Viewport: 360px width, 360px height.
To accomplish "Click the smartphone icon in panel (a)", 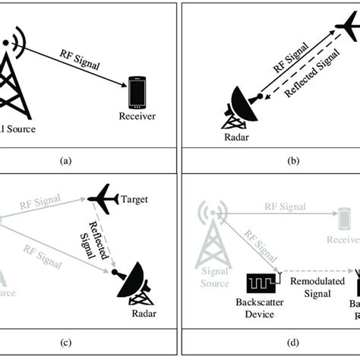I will pos(137,91).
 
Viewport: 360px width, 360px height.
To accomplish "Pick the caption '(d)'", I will pos(268,340).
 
